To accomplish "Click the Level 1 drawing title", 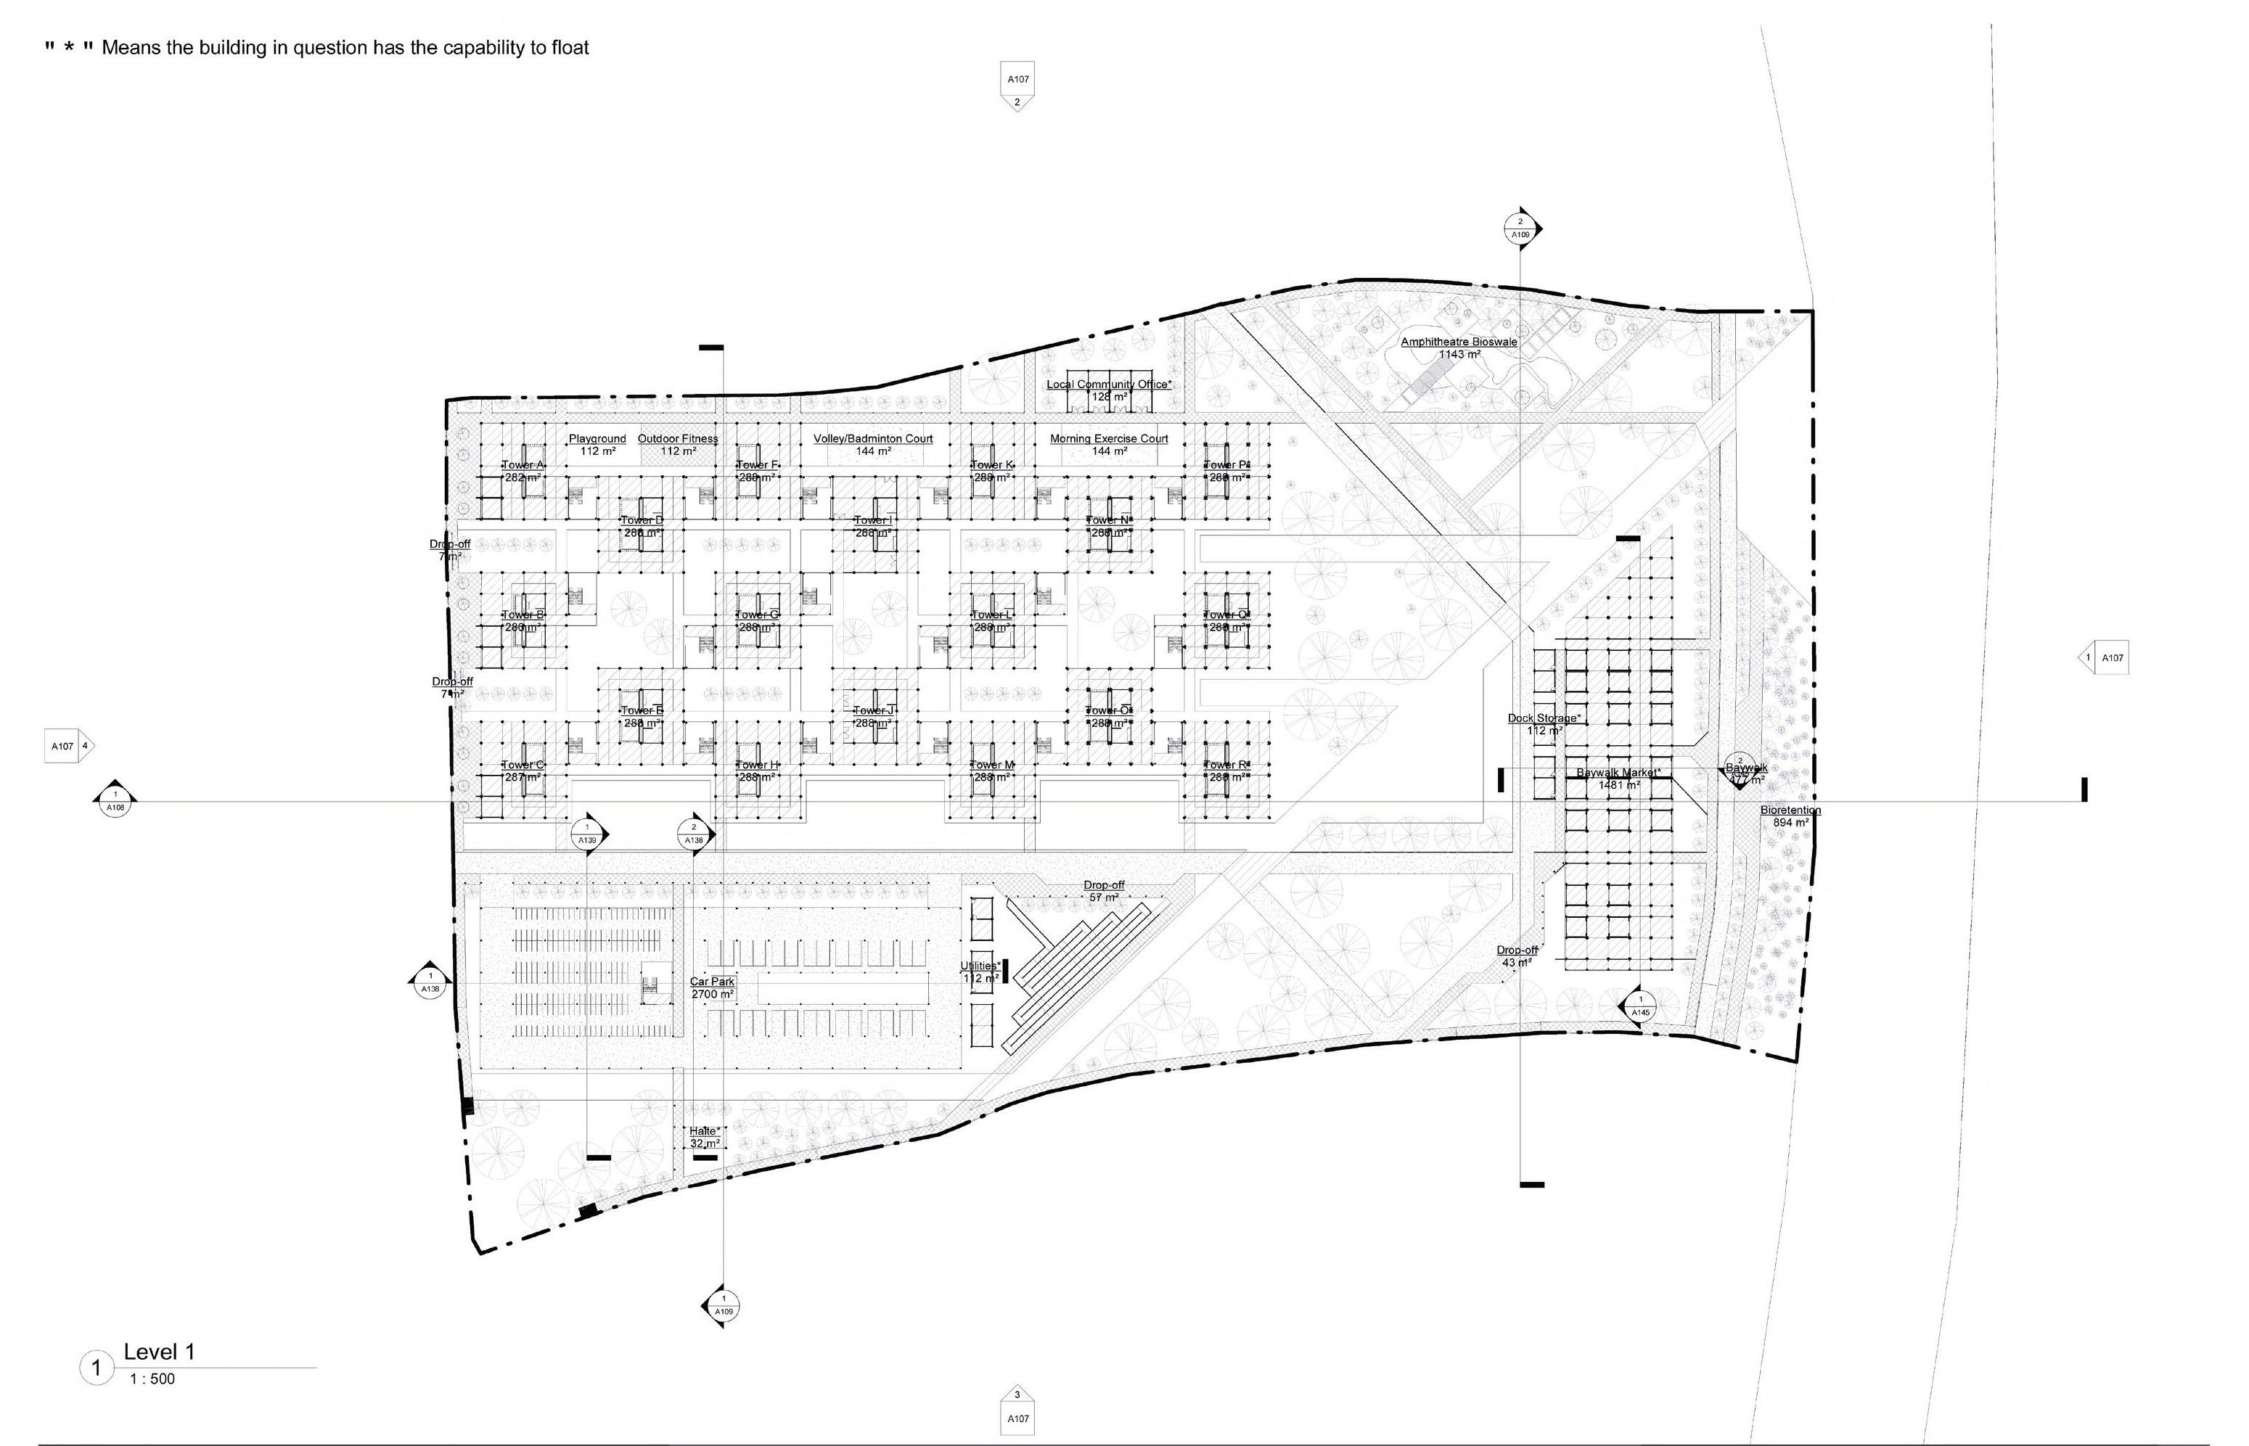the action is [159, 1352].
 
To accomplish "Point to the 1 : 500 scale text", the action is [152, 1379].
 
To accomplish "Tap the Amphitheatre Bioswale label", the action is [1458, 342].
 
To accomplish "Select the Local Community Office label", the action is [1109, 384].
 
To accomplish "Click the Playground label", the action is [597, 438].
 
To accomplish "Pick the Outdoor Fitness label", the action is [678, 438].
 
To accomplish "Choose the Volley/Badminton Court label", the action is [872, 438].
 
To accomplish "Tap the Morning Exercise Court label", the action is [1109, 438].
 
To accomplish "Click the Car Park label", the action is [712, 981].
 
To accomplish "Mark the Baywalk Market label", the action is [1618, 773].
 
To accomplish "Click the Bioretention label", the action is [1790, 810].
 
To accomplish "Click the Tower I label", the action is [873, 520].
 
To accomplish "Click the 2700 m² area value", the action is [712, 995].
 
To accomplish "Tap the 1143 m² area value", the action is [1459, 355].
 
